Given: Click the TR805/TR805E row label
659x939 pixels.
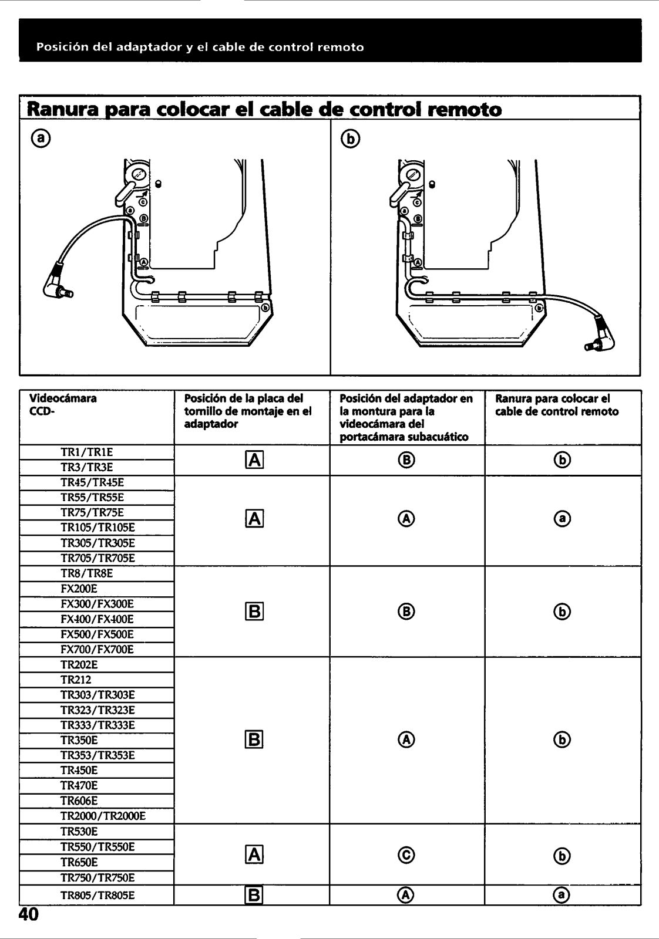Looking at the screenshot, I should click(x=97, y=895).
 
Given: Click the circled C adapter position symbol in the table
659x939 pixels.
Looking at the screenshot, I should click(x=406, y=855).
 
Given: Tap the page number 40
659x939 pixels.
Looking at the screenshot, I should click(x=28, y=914).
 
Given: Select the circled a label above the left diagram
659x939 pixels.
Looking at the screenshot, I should click(x=41, y=138).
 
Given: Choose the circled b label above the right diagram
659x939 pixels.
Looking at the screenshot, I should click(x=351, y=138).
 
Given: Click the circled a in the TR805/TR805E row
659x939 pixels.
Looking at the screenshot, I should click(x=562, y=895).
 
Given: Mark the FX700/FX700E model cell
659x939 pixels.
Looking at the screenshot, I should click(x=97, y=649).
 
